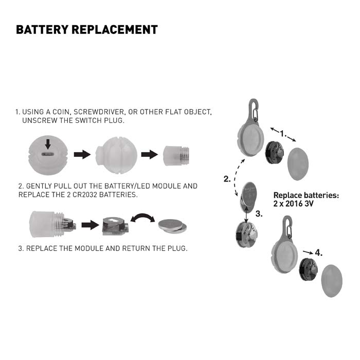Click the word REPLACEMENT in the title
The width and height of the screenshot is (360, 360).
116,29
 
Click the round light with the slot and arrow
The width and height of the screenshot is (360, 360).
48,153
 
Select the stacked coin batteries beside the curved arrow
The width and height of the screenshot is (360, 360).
172,225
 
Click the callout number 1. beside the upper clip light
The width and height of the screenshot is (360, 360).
283,133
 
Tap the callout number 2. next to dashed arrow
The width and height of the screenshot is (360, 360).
227,179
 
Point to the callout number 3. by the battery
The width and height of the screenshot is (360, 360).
259,214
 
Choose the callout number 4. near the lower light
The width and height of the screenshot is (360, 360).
319,253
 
